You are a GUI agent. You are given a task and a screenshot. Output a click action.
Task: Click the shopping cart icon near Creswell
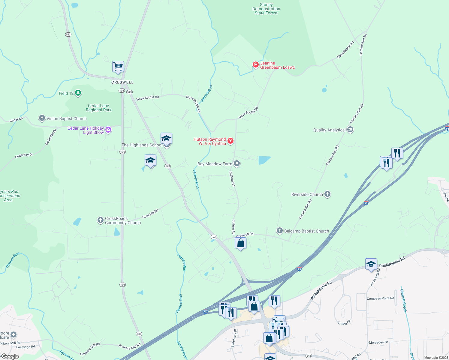(x=118, y=67)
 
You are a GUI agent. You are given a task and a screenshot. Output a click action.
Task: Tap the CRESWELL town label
(x=122, y=82)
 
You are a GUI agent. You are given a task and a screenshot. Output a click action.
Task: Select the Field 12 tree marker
(x=78, y=93)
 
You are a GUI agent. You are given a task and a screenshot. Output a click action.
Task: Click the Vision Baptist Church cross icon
(x=42, y=118)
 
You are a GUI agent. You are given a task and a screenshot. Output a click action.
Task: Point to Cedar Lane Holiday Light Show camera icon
(x=109, y=130)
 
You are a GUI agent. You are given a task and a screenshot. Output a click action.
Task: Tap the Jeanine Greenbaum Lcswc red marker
(x=255, y=65)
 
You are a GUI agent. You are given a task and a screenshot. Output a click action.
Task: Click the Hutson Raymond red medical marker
(x=231, y=141)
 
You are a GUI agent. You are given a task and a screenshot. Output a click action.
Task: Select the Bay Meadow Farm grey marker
(x=237, y=163)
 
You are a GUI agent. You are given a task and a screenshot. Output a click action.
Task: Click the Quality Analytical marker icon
(x=350, y=130)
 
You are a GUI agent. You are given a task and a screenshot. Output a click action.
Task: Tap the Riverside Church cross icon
(x=327, y=194)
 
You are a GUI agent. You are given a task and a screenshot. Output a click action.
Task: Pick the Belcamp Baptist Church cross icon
(x=280, y=231)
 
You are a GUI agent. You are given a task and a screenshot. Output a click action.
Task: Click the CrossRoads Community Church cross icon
(x=101, y=220)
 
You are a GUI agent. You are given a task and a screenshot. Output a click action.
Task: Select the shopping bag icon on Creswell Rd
(x=241, y=243)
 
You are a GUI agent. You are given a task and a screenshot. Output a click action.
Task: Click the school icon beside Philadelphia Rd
(x=371, y=264)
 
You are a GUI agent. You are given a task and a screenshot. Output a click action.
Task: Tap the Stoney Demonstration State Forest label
(x=266, y=9)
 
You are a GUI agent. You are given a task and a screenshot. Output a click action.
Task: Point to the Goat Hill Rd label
(x=150, y=214)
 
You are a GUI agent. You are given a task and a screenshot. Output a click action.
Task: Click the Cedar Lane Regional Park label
(x=98, y=108)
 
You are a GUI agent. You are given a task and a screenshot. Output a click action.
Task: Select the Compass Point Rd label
(x=380, y=298)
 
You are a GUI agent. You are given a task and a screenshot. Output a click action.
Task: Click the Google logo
(x=10, y=356)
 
